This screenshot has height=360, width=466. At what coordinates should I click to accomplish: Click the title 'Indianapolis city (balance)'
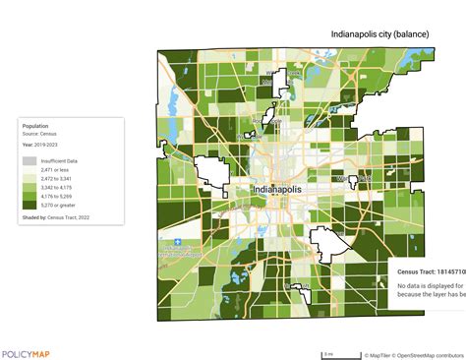pyautogui.click(x=379, y=33)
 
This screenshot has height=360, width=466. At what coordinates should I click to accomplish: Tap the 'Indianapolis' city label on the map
pyautogui.click(x=281, y=189)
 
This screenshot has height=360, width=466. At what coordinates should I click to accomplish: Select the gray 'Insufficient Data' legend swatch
pyautogui.click(x=29, y=160)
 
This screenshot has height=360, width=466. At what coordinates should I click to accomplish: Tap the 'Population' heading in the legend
pyautogui.click(x=36, y=126)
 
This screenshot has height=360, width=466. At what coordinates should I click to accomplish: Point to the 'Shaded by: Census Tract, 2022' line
pyautogui.click(x=61, y=215)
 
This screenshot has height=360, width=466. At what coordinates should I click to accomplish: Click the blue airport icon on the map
pyautogui.click(x=177, y=240)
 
